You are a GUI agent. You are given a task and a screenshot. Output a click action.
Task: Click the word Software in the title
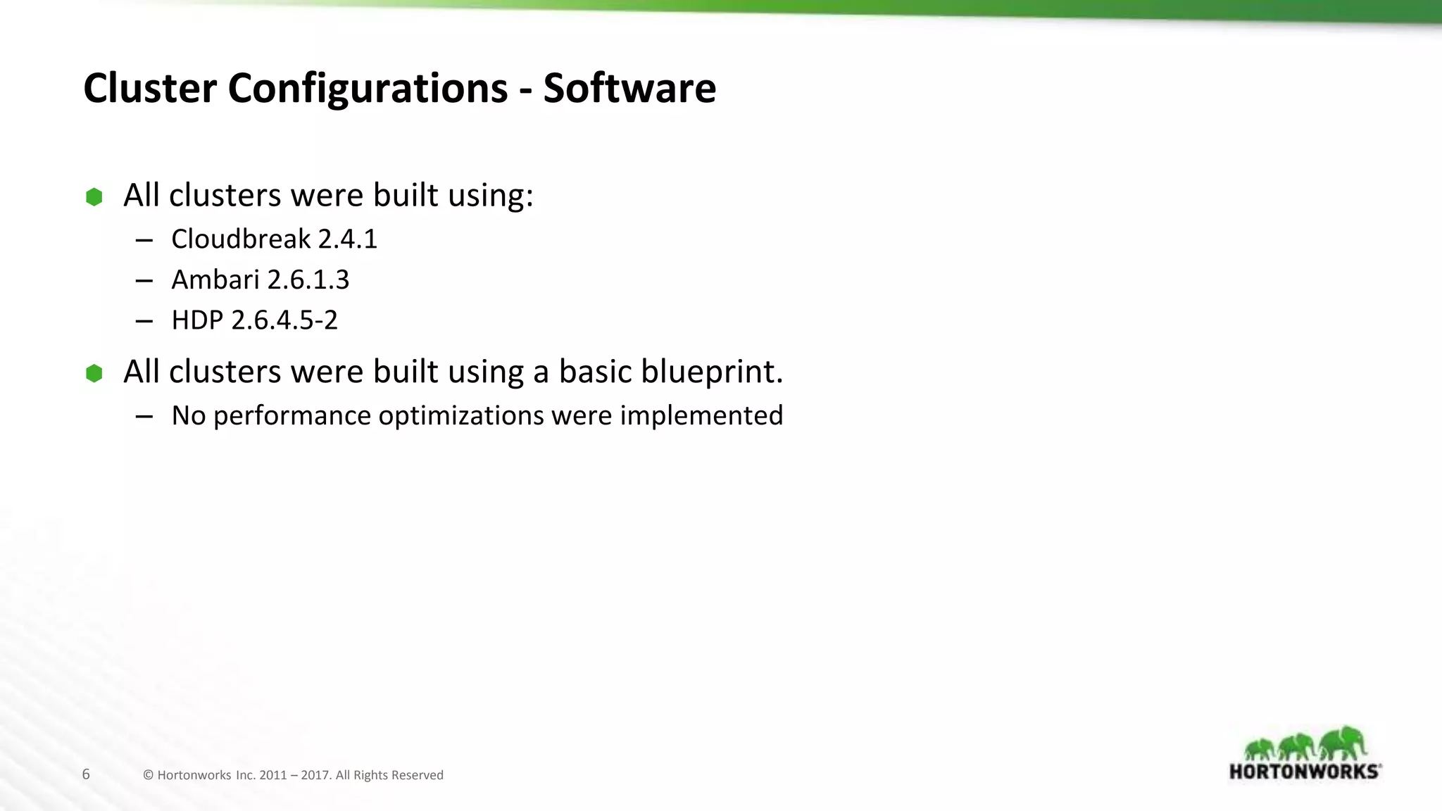point(629,89)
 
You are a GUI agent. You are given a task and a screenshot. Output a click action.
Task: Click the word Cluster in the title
point(150,89)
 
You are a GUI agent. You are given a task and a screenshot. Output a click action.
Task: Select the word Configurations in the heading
point(368,90)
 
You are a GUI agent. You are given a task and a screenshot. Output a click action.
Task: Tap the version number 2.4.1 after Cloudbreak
point(348,239)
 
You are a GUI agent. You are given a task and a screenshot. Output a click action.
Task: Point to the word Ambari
point(215,280)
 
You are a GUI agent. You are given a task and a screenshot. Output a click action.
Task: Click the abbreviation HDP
point(197,320)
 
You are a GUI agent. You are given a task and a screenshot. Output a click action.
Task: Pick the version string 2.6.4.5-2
point(284,320)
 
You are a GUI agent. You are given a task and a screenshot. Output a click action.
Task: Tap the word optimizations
point(461,416)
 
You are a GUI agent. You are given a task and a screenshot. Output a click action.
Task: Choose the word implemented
point(701,416)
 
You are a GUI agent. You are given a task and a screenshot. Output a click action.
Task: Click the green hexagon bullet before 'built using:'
point(94,197)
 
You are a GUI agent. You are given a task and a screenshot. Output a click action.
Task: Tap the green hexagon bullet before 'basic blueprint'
point(94,373)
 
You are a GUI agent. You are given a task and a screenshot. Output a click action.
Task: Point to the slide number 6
point(86,774)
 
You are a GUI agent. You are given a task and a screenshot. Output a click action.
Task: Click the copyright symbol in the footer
point(148,775)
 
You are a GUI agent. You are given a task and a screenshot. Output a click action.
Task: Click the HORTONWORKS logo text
point(1304,771)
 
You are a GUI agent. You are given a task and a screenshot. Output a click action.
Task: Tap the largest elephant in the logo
point(1343,743)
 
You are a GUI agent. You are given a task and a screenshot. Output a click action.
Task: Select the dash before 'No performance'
point(144,417)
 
